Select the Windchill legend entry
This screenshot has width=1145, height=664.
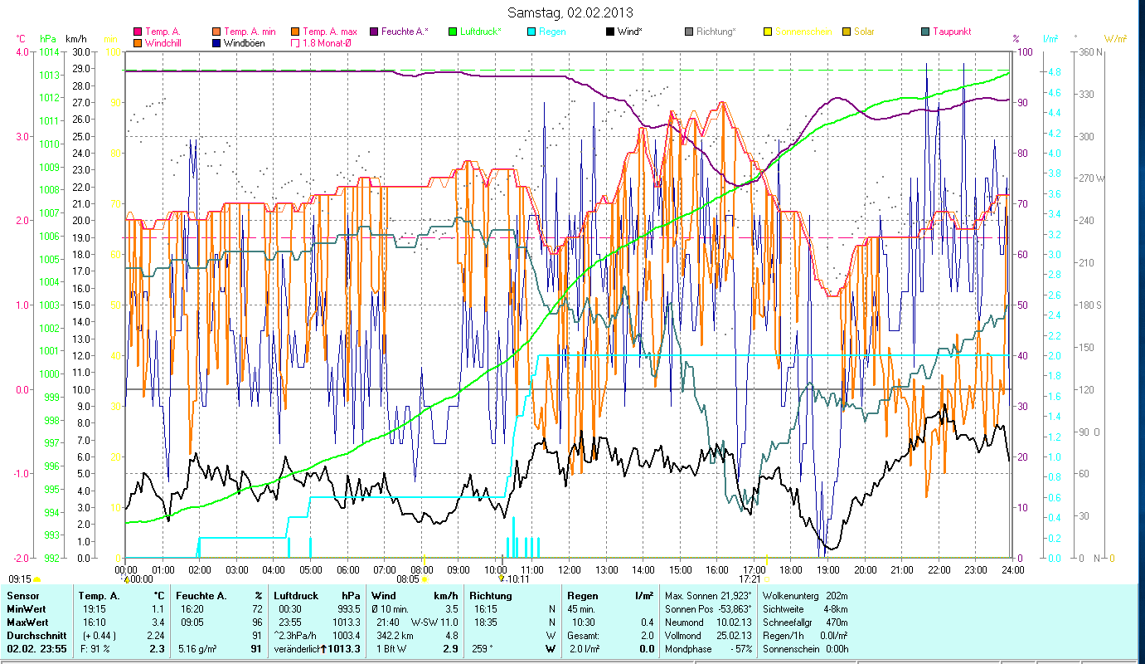[163, 43]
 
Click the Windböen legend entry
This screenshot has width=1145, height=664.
[244, 43]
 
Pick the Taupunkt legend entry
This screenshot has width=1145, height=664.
[951, 32]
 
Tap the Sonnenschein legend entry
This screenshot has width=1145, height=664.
[803, 32]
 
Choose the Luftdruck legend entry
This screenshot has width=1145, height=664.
[480, 32]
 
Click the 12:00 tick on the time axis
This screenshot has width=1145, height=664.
[570, 570]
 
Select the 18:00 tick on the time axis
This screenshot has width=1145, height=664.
[791, 570]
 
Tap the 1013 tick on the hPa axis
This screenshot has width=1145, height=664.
[49, 75]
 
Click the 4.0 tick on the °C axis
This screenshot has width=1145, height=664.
[22, 51]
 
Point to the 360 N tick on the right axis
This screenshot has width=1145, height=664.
[1088, 51]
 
